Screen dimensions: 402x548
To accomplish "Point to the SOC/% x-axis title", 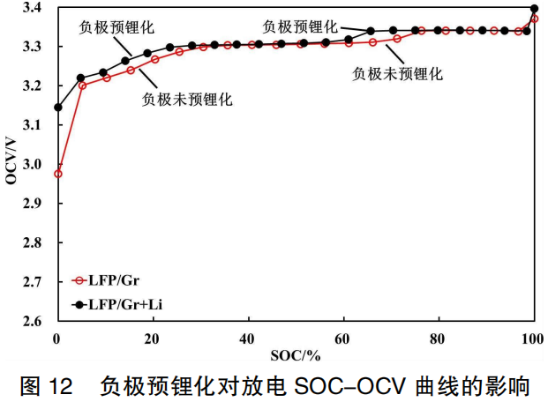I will pyautogui.click(x=295, y=355).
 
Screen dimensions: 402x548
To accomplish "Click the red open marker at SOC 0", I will pyautogui.click(x=58, y=174).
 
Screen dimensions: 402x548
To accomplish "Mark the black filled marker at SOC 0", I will pyautogui.click(x=58, y=108).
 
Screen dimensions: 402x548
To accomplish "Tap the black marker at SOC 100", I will pyautogui.click(x=534, y=9).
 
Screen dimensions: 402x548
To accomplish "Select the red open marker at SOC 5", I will pyautogui.click(x=82, y=86).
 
